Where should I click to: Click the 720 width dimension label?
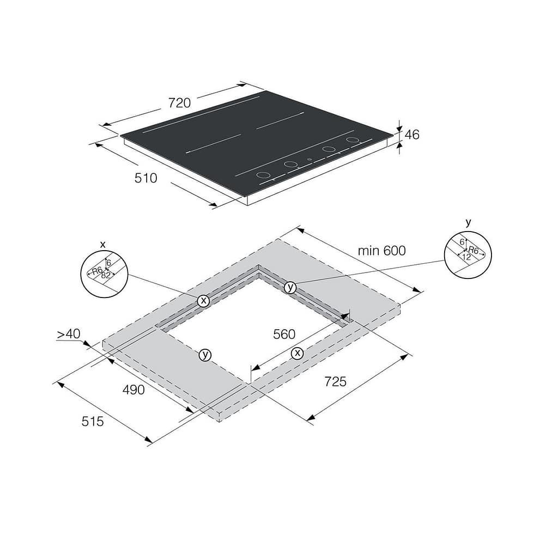coord(179,103)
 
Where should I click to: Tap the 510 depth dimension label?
coord(146,178)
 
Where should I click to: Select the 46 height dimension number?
coord(412,135)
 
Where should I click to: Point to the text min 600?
coord(382,251)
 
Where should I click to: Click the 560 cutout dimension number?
coord(284,335)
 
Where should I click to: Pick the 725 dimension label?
coord(336,381)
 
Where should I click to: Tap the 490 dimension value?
coord(133,390)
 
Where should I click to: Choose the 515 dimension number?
coord(93,422)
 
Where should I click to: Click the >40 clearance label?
coord(69,333)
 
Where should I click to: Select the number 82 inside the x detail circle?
coord(106,275)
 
